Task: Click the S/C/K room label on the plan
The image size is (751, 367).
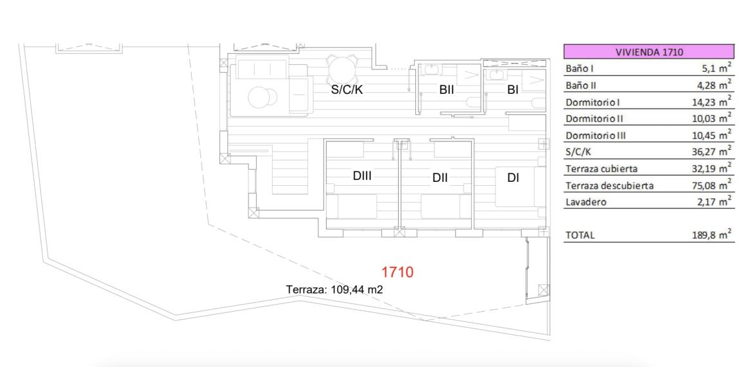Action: tap(347, 89)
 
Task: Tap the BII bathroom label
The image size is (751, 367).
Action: tap(446, 89)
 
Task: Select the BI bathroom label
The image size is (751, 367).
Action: tap(513, 89)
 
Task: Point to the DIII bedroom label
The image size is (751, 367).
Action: tap(362, 176)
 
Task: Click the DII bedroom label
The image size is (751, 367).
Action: tap(440, 178)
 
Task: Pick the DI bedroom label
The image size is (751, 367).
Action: tap(514, 178)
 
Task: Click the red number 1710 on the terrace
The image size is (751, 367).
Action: tap(397, 273)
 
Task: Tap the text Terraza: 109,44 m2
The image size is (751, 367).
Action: tap(334, 290)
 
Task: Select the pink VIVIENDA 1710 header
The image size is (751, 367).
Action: tap(648, 51)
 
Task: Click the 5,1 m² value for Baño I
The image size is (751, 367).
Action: tap(716, 68)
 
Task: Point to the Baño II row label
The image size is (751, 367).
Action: tap(580, 85)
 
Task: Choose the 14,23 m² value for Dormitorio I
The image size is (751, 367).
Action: tap(714, 102)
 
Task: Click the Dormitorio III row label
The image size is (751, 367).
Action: tap(596, 136)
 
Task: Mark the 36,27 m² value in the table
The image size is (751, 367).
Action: tap(714, 152)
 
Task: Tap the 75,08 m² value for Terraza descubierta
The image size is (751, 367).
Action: tap(714, 185)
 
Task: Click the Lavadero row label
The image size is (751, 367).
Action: tap(586, 202)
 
